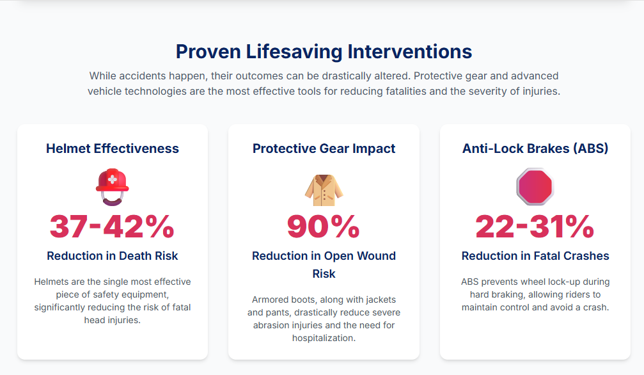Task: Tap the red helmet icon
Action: point(112,187)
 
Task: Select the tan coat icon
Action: point(324,190)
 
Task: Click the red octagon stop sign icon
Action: point(535,187)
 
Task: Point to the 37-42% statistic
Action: point(112,227)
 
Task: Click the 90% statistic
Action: point(324,227)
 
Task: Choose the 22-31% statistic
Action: point(535,227)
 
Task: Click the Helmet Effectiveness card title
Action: point(112,148)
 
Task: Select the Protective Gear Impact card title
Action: point(324,148)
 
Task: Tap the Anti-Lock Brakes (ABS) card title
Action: point(535,148)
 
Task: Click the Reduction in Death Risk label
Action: point(112,256)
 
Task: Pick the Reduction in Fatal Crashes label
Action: point(535,256)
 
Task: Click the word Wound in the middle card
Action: point(376,256)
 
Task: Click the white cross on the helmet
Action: point(112,179)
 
